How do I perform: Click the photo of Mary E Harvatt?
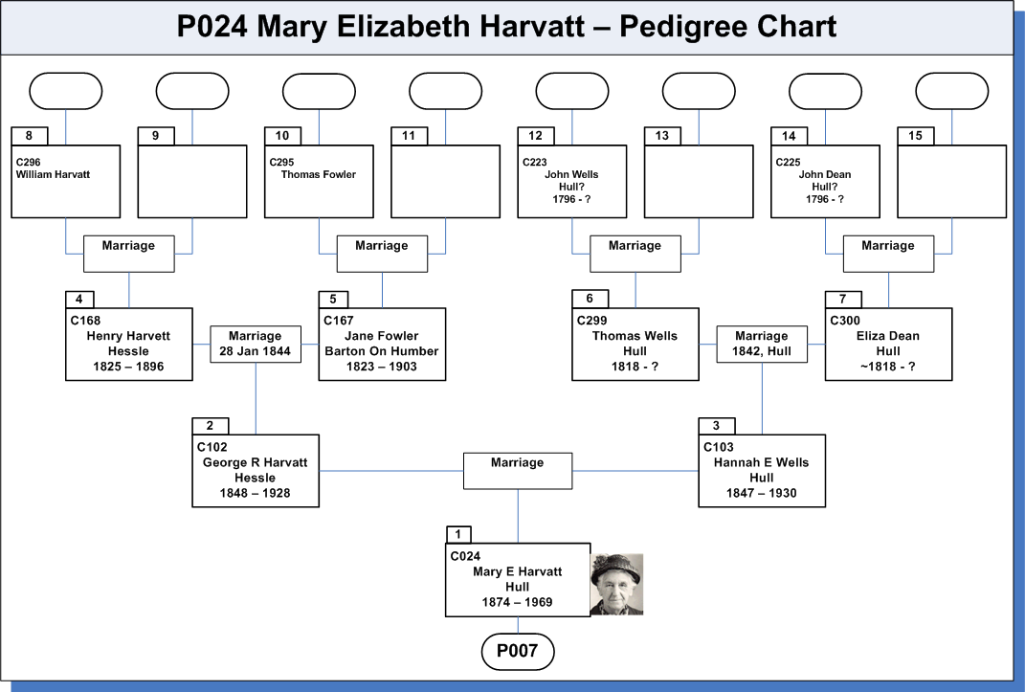pos(616,584)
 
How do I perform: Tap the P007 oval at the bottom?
pos(518,651)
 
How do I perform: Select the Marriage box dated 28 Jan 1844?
pos(256,344)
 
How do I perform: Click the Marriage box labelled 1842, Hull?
pos(762,344)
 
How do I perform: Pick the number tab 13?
pos(662,136)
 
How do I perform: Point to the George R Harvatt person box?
pos(256,471)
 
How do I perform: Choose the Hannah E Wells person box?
pos(762,471)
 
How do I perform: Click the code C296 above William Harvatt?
pos(28,162)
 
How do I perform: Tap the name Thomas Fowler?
pos(319,174)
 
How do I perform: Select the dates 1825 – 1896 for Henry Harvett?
pos(128,367)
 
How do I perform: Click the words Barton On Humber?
pos(382,351)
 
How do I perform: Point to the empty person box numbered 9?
pos(192,181)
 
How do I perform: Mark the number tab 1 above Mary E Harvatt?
pos(458,534)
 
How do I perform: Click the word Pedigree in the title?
pos(682,28)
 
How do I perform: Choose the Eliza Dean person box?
pos(888,344)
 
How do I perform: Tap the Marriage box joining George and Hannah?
pos(518,471)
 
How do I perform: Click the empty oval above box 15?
pos(951,91)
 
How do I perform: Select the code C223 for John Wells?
pos(535,162)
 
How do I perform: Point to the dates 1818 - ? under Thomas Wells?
pos(635,367)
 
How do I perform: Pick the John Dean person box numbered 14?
pos(825,181)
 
